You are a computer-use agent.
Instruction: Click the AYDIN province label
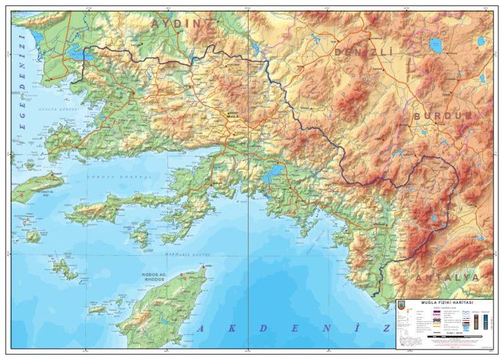177,24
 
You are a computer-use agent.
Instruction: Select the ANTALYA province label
446,277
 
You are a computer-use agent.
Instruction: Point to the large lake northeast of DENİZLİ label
435,45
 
